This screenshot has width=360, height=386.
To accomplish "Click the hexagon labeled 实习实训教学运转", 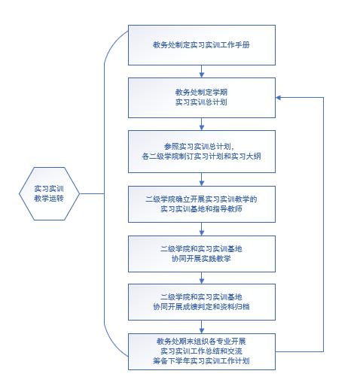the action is click(49, 193).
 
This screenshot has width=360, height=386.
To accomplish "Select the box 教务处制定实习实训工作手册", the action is click(202, 45).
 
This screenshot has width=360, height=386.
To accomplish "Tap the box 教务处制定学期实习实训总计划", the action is click(202, 98).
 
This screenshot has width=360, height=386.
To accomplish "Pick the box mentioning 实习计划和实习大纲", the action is click(202, 151).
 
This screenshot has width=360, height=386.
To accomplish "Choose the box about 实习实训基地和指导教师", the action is click(202, 204).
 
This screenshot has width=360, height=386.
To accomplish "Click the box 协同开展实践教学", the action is click(202, 254).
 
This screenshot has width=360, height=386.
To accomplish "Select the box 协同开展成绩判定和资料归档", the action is click(202, 302).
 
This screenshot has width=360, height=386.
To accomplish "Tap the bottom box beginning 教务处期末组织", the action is click(202, 351).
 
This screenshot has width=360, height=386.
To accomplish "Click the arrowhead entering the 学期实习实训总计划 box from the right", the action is click(278, 98).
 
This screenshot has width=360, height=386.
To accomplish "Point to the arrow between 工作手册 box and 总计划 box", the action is click(202, 71).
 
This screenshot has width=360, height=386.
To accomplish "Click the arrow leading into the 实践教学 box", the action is click(202, 229).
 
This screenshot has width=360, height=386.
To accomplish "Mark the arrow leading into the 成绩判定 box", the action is click(202, 278).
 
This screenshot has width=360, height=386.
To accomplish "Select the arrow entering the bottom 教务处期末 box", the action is click(202, 327).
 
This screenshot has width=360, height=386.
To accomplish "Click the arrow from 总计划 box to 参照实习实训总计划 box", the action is click(202, 124).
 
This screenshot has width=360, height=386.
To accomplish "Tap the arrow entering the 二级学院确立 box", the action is click(202, 179).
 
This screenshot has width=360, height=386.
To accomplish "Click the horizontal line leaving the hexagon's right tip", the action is click(92, 193).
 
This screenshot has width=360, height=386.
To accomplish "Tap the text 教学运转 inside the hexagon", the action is click(49, 199).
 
